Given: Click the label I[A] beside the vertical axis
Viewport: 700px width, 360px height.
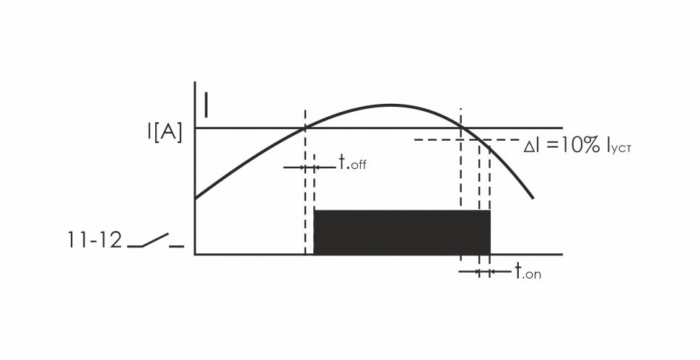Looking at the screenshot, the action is [x=165, y=133].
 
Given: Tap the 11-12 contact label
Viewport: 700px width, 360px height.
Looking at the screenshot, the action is [x=95, y=240].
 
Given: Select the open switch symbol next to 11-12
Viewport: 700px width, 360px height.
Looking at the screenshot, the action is [x=155, y=240].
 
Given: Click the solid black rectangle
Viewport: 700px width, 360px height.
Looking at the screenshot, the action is [x=402, y=232].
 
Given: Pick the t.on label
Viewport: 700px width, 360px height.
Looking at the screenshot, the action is [x=528, y=271].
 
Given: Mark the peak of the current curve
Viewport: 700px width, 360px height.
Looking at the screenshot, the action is [x=389, y=105].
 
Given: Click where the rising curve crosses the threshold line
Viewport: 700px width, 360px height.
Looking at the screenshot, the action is [x=305, y=128].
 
